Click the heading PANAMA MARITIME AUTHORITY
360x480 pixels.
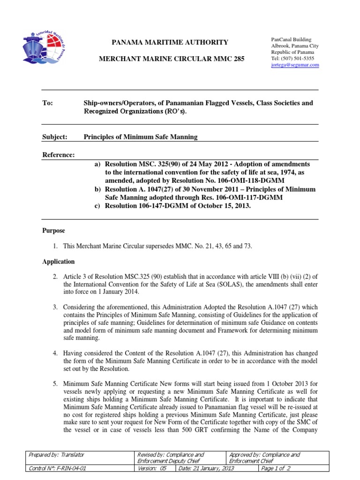tap(169, 43)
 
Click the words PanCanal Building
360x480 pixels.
tap(291, 40)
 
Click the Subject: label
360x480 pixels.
tap(55, 137)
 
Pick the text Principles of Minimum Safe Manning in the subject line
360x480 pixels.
tap(141, 137)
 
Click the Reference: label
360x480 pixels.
tap(59, 155)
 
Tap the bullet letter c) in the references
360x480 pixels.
tap(98, 206)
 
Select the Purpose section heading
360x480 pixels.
tap(53, 231)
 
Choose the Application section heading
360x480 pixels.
tap(58, 262)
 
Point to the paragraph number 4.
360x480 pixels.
tap(55, 352)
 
